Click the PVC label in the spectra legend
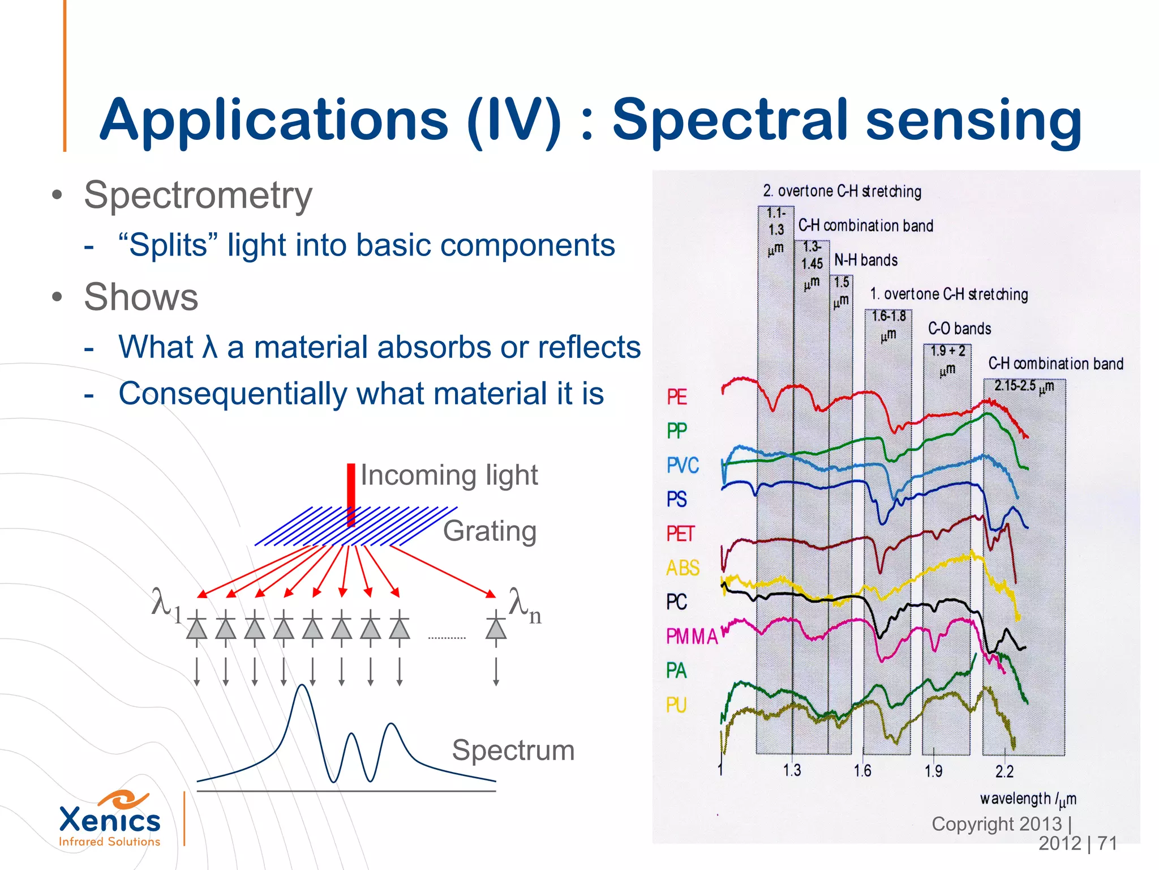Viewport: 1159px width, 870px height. tap(682, 466)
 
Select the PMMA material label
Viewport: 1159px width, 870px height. tap(692, 637)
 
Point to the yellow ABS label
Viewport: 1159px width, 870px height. tap(682, 568)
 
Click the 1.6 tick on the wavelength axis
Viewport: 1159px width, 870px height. tap(862, 771)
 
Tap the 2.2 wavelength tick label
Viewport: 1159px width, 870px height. tap(1004, 771)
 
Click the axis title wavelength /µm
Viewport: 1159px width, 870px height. tap(1028, 799)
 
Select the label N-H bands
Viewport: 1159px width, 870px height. tap(866, 261)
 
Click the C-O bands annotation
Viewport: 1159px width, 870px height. tap(959, 329)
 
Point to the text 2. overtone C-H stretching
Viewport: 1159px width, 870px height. tap(842, 191)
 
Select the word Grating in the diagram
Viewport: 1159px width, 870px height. tap(490, 531)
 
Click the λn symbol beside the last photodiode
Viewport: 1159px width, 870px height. tap(524, 606)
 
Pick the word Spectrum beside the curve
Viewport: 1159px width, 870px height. tap(513, 750)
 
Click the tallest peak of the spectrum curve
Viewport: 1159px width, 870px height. tap(303, 686)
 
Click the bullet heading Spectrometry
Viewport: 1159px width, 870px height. tap(198, 195)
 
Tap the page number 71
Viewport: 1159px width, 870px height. tap(1107, 843)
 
